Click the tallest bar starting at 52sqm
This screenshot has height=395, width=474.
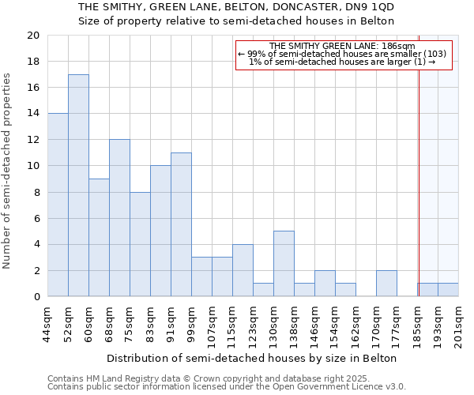78,186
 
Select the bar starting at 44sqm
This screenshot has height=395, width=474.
58,205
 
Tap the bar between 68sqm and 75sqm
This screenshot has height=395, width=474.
119,218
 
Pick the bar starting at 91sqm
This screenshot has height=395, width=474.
181,224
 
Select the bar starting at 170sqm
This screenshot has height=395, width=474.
386,284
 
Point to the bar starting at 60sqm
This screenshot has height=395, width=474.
99,238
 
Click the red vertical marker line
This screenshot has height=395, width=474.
419,166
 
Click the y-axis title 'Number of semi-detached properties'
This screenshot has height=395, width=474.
8,171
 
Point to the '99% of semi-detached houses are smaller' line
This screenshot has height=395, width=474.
342,54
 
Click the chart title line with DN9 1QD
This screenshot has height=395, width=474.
242,7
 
